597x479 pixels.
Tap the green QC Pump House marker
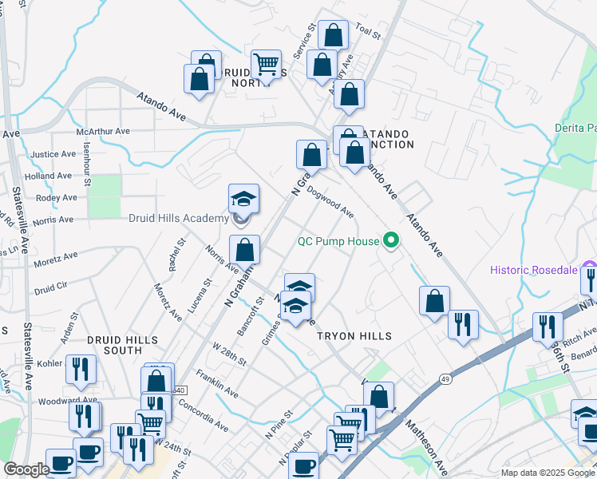391,239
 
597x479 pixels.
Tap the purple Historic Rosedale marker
589,269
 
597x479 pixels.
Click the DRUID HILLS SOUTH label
114,345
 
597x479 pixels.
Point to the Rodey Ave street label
57,197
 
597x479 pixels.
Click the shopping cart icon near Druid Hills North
266,62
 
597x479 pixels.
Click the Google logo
26,470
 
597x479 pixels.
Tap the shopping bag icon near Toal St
333,34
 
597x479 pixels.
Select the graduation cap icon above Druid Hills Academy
244,198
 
